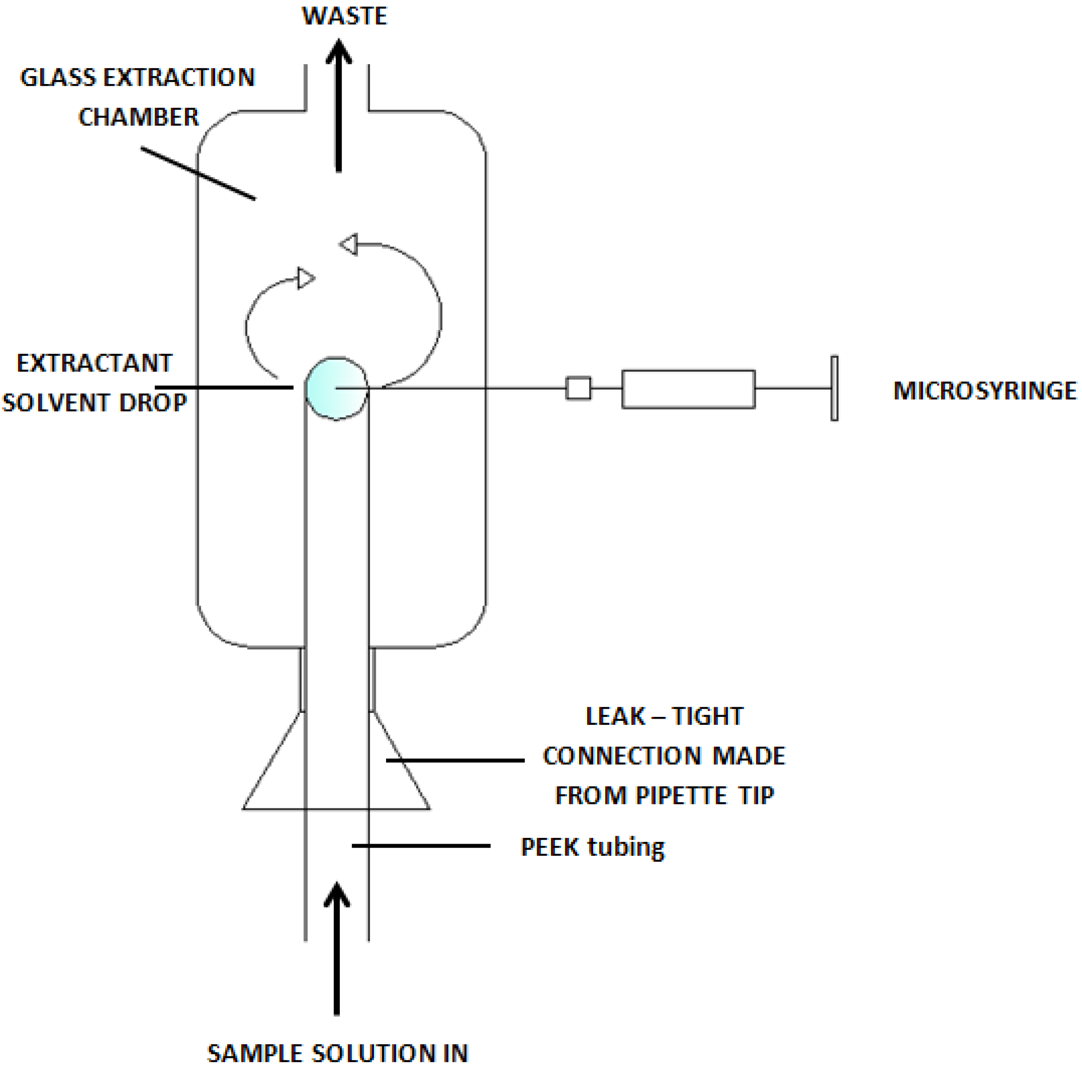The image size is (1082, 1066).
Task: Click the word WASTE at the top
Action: click(x=344, y=16)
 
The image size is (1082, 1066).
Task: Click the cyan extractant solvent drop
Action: click(x=336, y=388)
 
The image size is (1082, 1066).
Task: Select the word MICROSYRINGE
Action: click(x=984, y=391)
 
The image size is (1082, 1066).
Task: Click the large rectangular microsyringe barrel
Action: click(x=688, y=389)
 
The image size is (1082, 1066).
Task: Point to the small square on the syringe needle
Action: click(x=578, y=388)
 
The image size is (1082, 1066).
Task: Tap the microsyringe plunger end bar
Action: click(x=834, y=388)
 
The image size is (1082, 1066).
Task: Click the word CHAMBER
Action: click(x=138, y=117)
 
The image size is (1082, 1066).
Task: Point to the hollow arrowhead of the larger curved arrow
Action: click(x=349, y=245)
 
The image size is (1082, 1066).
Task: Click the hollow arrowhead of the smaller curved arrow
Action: click(x=306, y=278)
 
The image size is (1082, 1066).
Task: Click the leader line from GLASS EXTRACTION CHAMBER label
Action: click(x=197, y=173)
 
